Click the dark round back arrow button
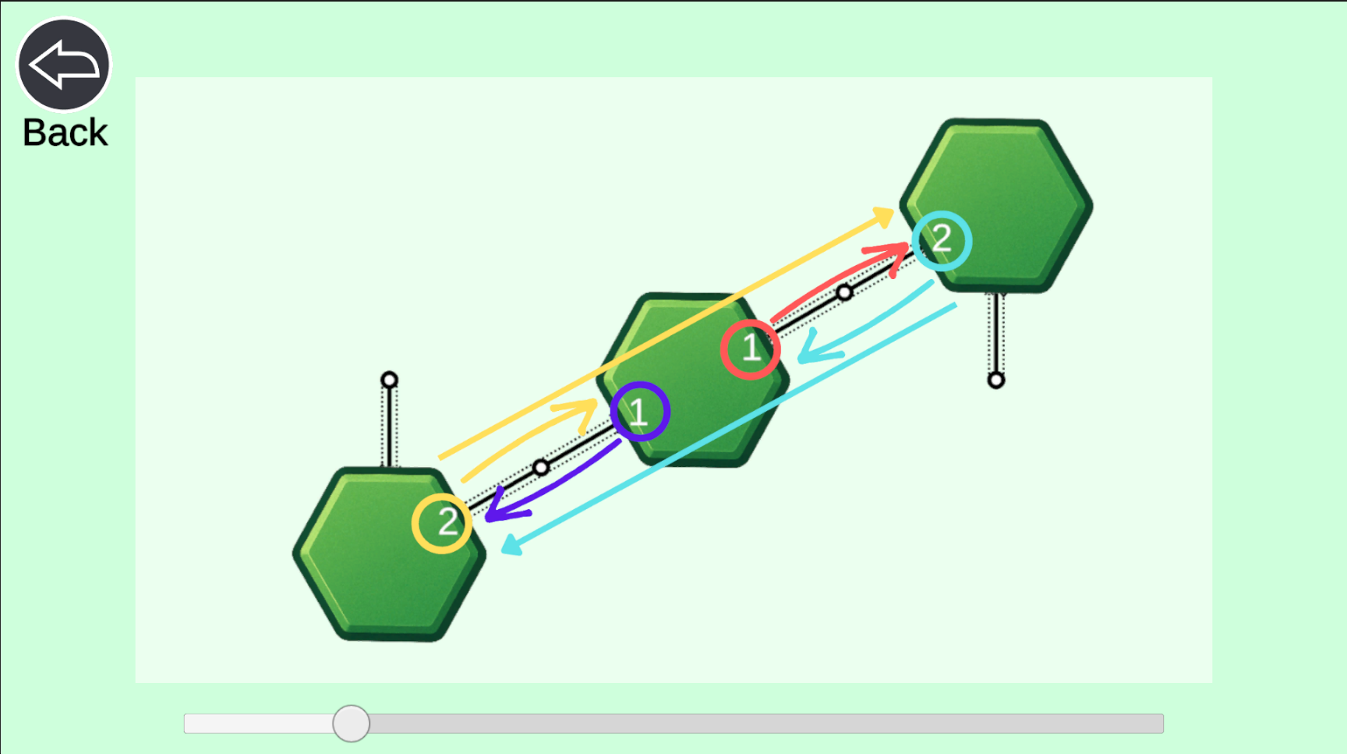[64, 65]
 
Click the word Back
[65, 133]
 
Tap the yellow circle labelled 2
[442, 494]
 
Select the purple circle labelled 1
[640, 383]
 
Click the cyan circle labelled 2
[942, 212]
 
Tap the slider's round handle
[351, 724]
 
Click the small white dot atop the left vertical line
[389, 380]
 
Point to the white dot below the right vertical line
[995, 381]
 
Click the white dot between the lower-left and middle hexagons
[541, 468]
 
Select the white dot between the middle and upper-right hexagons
[844, 293]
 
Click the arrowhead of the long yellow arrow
[887, 214]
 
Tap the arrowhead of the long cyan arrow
[509, 547]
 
